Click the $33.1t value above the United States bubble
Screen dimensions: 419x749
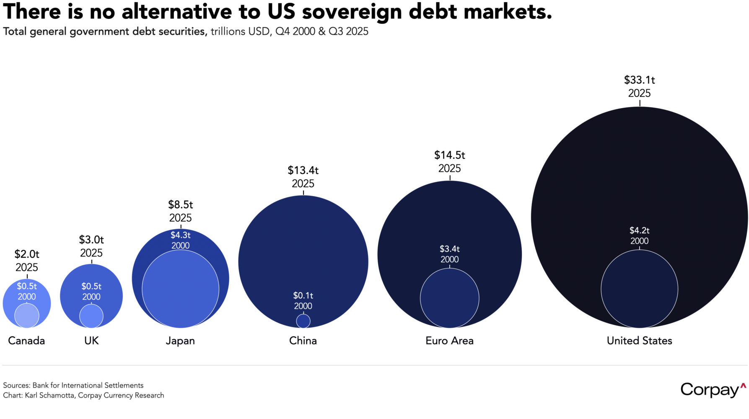(x=639, y=80)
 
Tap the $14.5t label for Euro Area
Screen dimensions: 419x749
(x=449, y=155)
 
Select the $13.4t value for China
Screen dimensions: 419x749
(x=303, y=171)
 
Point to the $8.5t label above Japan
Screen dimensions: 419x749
(x=180, y=205)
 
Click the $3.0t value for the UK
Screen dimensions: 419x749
(x=91, y=240)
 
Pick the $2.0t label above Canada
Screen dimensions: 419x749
(x=27, y=254)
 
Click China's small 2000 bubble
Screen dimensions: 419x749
(x=303, y=321)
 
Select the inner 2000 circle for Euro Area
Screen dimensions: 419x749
(x=449, y=298)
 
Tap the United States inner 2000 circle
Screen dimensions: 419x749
(x=639, y=289)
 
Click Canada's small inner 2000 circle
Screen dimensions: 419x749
(x=27, y=316)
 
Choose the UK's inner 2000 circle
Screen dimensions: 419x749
(x=91, y=316)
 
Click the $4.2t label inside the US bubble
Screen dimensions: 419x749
(x=639, y=230)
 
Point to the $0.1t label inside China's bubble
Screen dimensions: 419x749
(x=303, y=296)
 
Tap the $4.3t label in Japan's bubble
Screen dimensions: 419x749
(x=180, y=235)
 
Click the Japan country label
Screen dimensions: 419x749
(x=180, y=341)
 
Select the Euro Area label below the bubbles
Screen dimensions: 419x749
(x=449, y=341)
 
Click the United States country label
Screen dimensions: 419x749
(x=639, y=341)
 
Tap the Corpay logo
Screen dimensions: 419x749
(x=713, y=390)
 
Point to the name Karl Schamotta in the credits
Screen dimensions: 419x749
(x=49, y=396)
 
